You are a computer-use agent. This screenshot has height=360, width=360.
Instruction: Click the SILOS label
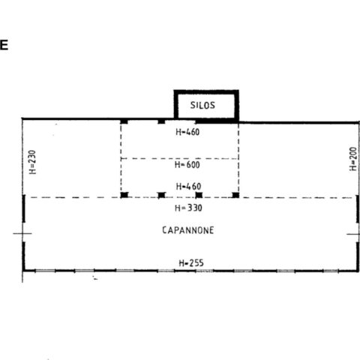point(202,105)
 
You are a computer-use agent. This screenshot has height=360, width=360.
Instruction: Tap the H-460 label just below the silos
point(187,132)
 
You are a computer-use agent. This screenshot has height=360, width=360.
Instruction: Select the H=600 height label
point(187,165)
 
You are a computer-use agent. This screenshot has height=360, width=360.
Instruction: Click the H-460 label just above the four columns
point(188,187)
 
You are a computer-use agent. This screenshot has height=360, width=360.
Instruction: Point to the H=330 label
point(188,208)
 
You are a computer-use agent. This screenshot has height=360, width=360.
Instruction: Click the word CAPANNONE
point(188,230)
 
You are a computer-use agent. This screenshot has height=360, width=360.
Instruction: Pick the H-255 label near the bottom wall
point(191,263)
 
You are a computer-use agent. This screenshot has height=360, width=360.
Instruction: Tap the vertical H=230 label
point(32,162)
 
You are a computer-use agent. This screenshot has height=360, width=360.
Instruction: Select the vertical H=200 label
point(352,159)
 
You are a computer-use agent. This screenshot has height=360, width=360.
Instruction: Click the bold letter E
point(4,45)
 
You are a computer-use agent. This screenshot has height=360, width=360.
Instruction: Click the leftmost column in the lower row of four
point(124,195)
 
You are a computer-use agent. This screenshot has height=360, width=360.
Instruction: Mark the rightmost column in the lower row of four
point(235,195)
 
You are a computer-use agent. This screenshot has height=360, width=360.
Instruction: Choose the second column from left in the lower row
point(161,195)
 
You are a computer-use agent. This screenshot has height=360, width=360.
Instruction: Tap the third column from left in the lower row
point(199,195)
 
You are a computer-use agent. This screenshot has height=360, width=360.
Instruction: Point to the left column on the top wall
point(124,121)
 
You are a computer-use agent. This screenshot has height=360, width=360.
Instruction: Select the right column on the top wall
point(161,121)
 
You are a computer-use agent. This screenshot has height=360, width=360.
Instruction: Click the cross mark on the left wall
point(22,234)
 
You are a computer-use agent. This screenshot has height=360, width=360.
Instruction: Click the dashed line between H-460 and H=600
point(179,158)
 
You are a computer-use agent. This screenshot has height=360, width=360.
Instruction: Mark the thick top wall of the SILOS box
point(206,92)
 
